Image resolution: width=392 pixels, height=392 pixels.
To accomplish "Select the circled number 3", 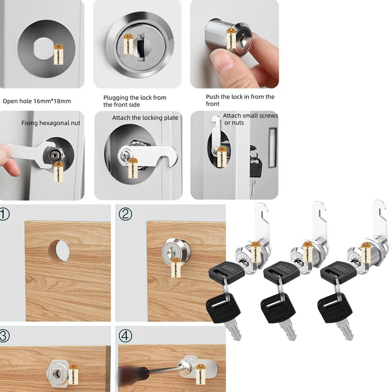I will tap(5, 336).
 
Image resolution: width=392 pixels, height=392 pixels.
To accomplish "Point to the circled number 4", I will tap(126, 336).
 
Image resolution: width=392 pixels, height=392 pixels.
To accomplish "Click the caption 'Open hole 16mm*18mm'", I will tap(37, 101).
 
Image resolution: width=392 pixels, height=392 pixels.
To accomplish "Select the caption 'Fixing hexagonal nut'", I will tap(50, 123).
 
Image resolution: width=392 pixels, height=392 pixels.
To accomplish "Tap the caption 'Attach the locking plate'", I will tap(145, 118).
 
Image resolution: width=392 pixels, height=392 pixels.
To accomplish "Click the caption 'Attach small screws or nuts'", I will tap(250, 119).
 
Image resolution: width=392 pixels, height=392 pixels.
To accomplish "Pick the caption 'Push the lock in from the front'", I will tap(240, 100).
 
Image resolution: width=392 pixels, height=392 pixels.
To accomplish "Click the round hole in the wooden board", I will tap(59, 250).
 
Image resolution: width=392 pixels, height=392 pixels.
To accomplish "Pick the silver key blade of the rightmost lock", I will tap(346, 331).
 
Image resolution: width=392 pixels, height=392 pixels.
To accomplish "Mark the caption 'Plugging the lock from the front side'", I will tap(135, 101).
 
